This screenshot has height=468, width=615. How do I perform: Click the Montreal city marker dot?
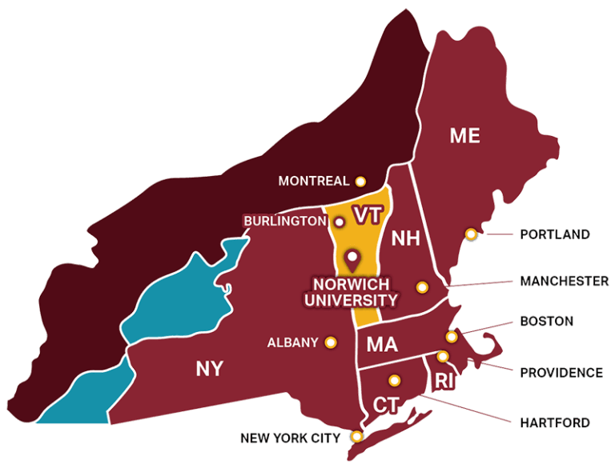tap(360, 182)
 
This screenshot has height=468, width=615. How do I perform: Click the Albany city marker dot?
tap(330, 342)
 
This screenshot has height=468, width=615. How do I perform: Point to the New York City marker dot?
tap(357, 437)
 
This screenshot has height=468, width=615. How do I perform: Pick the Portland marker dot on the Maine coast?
tap(472, 234)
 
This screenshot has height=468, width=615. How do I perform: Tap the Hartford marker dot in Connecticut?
tap(393, 380)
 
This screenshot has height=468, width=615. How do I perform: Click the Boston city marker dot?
tap(452, 337)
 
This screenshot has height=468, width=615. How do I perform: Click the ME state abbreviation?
tap(464, 136)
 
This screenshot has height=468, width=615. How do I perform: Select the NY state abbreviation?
tap(210, 369)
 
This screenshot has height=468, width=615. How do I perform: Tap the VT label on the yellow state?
tap(365, 214)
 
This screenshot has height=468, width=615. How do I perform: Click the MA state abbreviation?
tap(382, 345)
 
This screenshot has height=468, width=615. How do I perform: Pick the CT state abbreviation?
tap(386, 404)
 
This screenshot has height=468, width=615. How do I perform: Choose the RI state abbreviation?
tap(444, 382)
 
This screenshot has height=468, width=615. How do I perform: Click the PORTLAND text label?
tap(554, 234)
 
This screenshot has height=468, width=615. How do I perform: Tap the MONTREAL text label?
tap(314, 182)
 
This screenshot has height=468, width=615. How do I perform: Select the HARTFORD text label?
tap(554, 422)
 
